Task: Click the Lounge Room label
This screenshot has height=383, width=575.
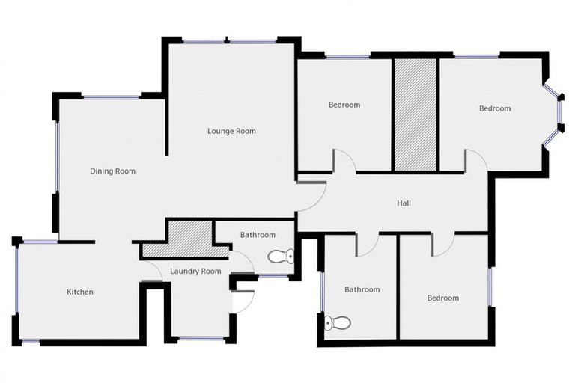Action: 231,131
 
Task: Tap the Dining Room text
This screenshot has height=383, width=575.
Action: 112,171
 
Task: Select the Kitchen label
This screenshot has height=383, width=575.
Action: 80,292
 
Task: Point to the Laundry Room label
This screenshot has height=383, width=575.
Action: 195,271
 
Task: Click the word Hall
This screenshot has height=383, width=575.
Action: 404,203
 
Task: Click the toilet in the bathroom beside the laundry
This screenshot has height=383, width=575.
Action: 281,257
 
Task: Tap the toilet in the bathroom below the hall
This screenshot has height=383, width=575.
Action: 338,323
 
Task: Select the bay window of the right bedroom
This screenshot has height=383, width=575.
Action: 555,112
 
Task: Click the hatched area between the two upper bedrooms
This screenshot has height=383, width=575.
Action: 415,114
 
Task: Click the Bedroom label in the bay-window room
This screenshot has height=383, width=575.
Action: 494,108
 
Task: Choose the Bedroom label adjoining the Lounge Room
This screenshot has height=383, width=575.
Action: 344,105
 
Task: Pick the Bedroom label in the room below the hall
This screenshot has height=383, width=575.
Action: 442,298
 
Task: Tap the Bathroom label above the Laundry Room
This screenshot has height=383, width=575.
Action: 258,235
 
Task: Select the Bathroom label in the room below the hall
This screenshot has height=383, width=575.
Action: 362,289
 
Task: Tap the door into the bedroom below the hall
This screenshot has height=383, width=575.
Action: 443,245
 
